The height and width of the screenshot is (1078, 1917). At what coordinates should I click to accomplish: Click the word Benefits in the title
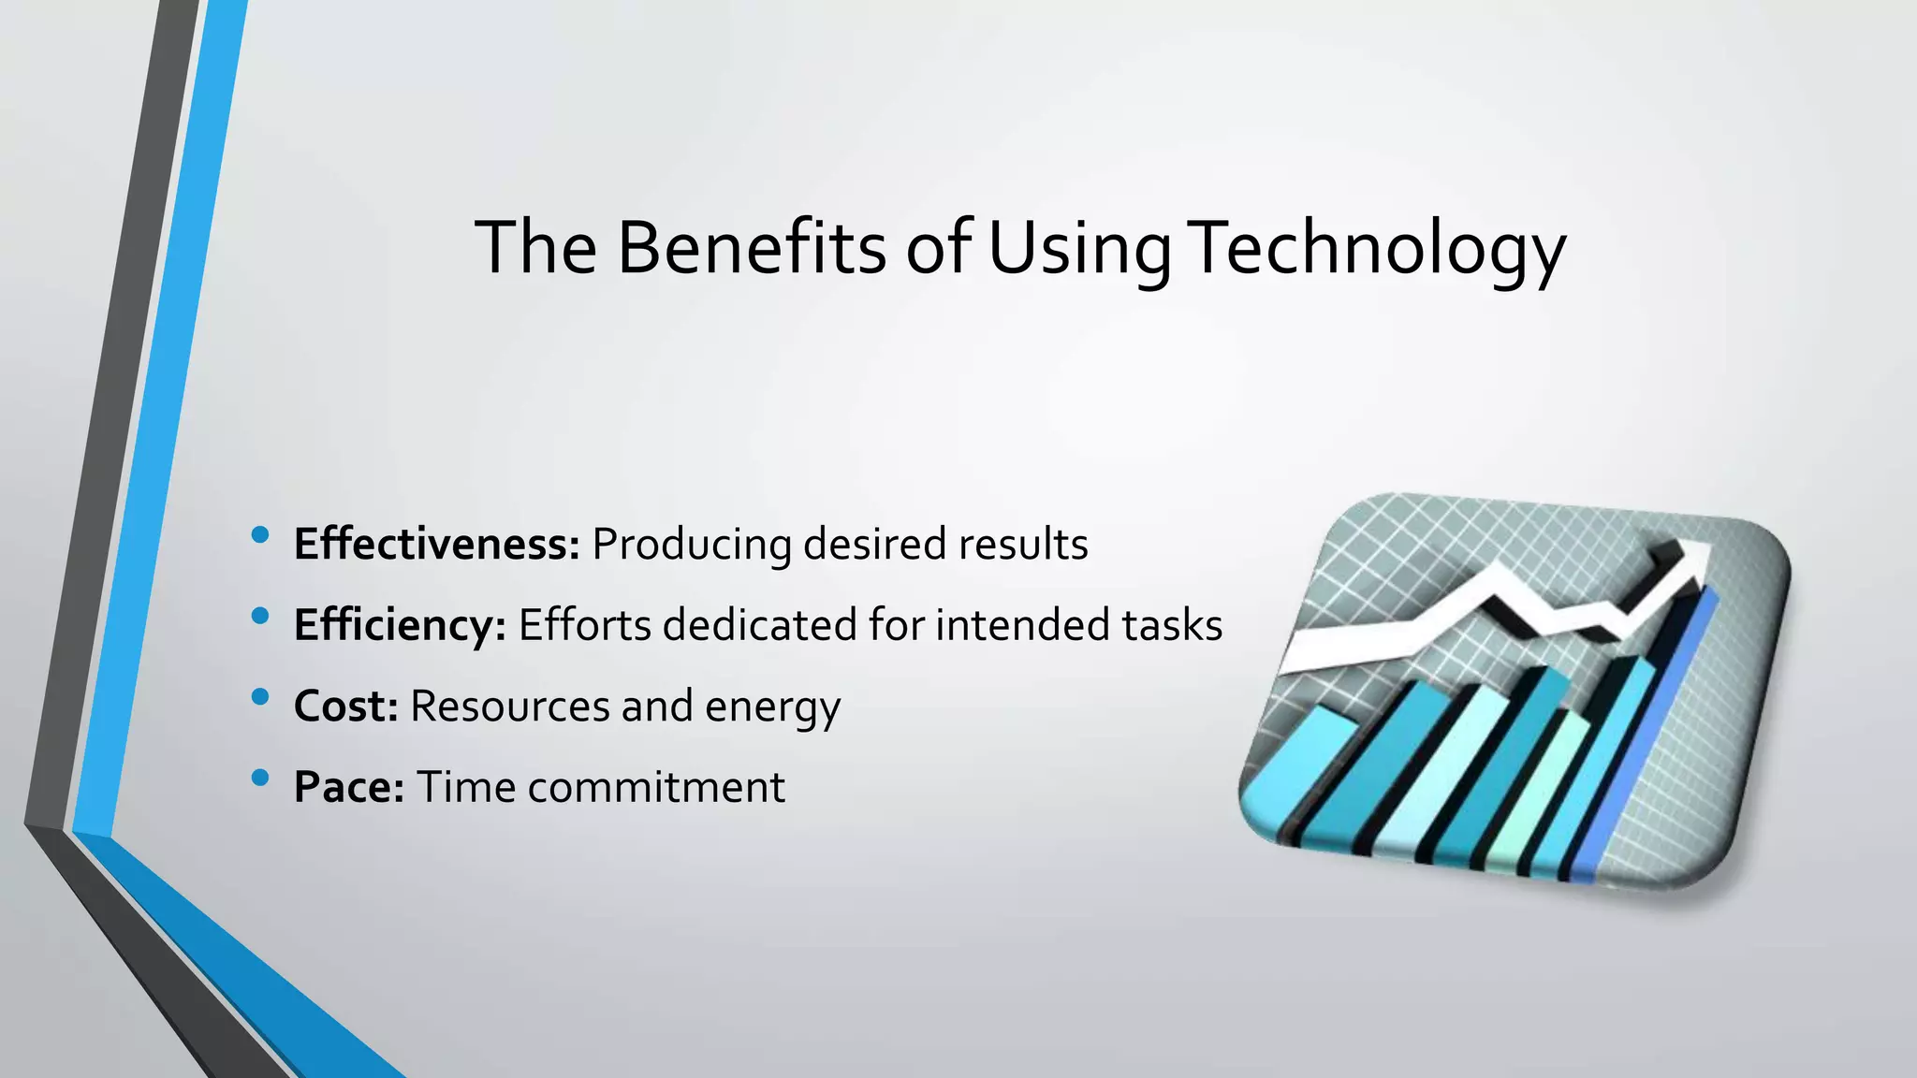pos(751,248)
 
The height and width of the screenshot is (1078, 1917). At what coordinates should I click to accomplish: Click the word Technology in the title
pos(1379,248)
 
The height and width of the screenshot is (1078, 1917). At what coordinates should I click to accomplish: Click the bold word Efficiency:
pos(400,625)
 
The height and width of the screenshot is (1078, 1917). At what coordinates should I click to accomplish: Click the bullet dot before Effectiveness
pos(260,535)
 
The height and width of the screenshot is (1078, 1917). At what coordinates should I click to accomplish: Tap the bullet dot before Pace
pos(260,778)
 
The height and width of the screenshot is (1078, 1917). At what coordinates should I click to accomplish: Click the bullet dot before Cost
pos(260,697)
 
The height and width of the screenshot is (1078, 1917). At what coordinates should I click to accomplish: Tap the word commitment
pos(656,787)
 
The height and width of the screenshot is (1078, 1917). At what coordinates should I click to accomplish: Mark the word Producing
pos(692,545)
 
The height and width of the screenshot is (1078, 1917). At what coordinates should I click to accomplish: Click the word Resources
pos(510,707)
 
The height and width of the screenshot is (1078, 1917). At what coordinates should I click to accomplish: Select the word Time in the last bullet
pos(465,787)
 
